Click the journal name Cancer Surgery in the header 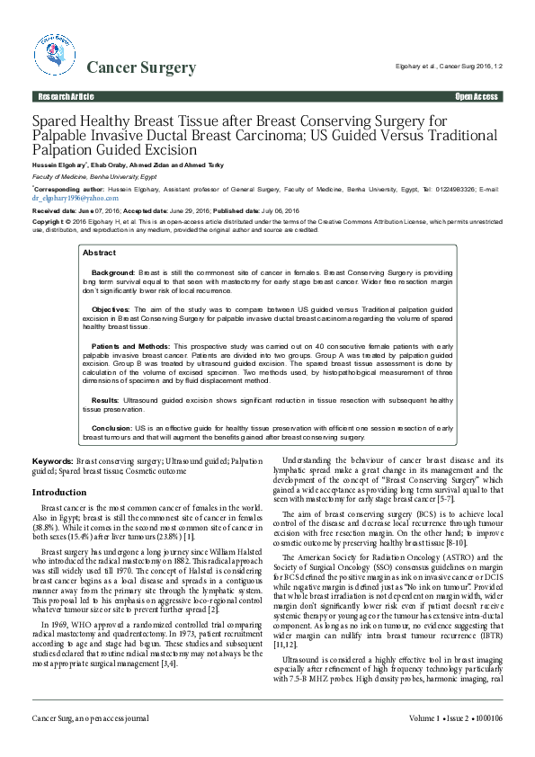141,67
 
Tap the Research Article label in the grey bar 65,95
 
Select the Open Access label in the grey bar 477,95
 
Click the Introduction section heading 59,493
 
